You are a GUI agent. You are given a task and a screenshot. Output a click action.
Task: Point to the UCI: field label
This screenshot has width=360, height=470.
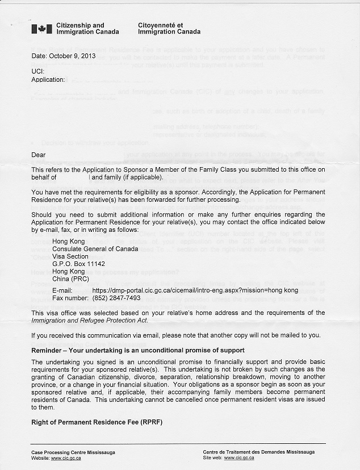coord(37,71)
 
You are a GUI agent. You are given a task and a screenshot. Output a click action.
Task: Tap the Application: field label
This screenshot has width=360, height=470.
coord(48,80)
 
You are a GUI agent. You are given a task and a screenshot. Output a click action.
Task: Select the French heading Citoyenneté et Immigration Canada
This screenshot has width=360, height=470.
coord(169,28)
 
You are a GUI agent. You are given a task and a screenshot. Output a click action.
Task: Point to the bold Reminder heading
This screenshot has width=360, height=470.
coord(137,350)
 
